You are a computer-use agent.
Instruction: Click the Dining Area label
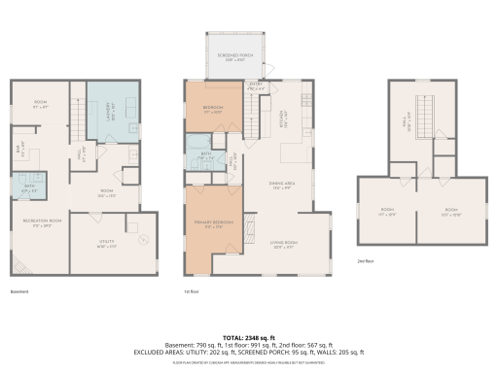(283, 186)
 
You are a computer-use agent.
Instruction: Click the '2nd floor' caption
(366, 260)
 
